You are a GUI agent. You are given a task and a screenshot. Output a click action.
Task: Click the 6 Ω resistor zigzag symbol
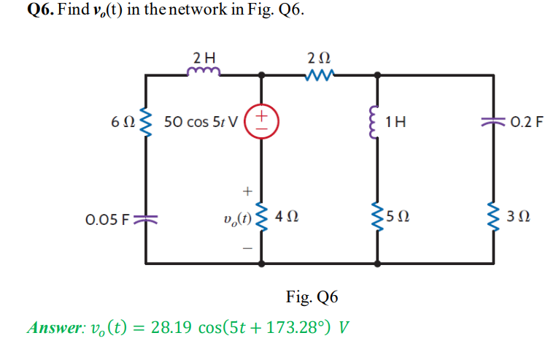[x=146, y=120]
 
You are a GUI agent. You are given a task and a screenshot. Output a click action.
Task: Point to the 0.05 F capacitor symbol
[x=146, y=218]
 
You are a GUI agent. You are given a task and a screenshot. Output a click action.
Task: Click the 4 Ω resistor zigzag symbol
[x=262, y=218]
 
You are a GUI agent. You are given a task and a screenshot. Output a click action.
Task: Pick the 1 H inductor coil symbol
[x=377, y=120]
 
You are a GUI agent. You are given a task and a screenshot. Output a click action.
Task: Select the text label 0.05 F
[x=107, y=218]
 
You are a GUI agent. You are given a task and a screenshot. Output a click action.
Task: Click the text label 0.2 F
[x=527, y=120]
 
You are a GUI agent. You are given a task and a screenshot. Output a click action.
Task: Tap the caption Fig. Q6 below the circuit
[x=312, y=297]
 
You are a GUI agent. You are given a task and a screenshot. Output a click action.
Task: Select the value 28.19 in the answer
[x=171, y=326]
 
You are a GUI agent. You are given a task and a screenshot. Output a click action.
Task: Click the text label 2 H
[x=204, y=56]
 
